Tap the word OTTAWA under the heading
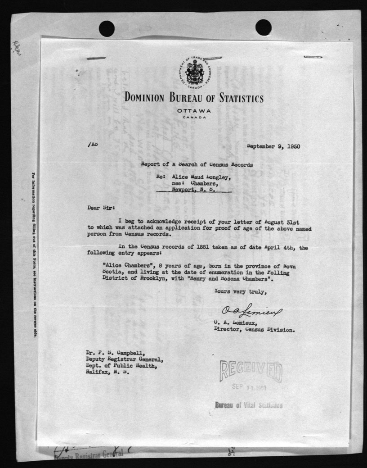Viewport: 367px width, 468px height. point(194,111)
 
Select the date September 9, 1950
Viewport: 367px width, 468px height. point(273,146)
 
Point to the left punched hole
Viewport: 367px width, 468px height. point(107,28)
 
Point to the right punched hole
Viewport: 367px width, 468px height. point(263,27)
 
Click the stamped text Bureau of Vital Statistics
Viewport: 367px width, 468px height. point(249,404)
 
